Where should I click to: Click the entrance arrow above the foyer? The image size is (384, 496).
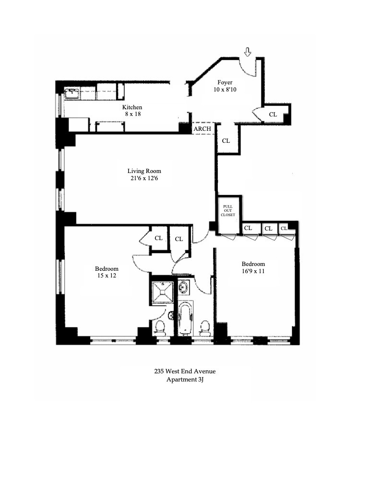(248, 51)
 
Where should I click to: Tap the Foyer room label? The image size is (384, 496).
(224, 82)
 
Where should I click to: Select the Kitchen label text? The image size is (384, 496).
(132, 107)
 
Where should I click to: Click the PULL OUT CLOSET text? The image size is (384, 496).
(228, 210)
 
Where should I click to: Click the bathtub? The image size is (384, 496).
(185, 318)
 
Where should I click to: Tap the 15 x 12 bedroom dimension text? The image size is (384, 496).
(107, 276)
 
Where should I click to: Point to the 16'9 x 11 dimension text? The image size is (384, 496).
(253, 271)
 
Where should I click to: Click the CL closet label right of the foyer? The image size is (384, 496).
(273, 115)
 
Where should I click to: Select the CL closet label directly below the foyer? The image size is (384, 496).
(226, 141)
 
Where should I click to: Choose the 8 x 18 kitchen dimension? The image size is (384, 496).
(132, 115)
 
